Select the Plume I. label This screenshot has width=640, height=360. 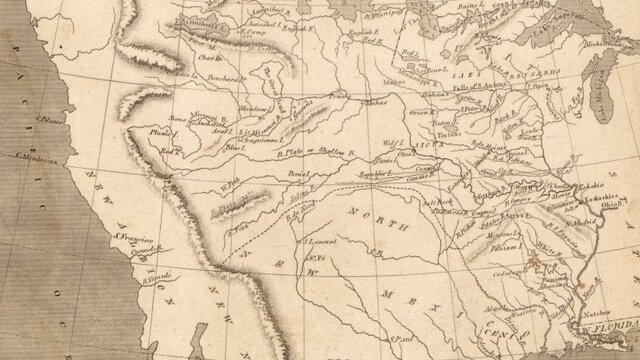coord(158,130)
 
